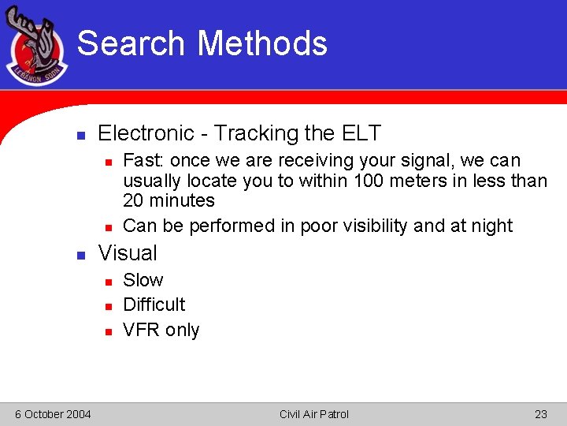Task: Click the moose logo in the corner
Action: click(x=36, y=48)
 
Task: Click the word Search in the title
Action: click(x=132, y=43)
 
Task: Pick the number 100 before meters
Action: click(x=369, y=181)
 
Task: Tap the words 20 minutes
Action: click(x=169, y=200)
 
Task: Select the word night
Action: click(x=491, y=226)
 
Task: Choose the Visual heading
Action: click(x=128, y=253)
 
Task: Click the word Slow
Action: click(x=143, y=280)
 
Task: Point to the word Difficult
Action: click(x=154, y=305)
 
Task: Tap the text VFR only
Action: click(x=161, y=330)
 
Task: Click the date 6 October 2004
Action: click(x=53, y=414)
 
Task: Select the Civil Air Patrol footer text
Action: click(x=313, y=414)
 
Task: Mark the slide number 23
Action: click(x=541, y=414)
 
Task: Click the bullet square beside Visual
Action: click(x=80, y=255)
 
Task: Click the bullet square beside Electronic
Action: click(x=80, y=135)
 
